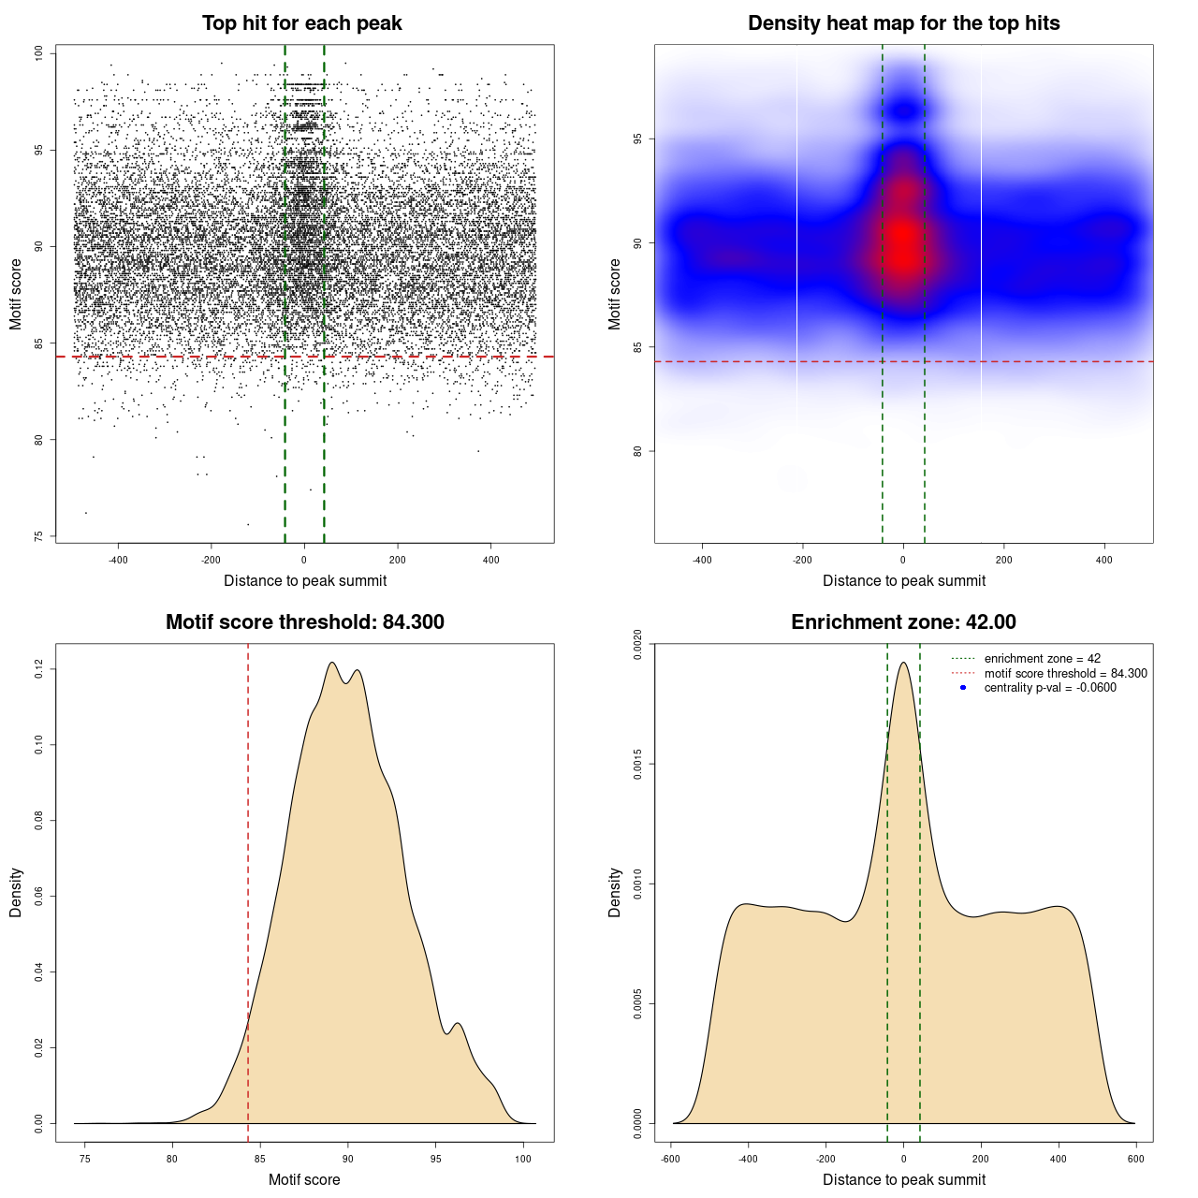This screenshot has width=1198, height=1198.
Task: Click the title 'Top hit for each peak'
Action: click(301, 23)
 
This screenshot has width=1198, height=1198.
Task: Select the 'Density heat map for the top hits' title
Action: click(903, 23)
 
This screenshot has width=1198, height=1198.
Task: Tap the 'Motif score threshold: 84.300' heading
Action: click(304, 622)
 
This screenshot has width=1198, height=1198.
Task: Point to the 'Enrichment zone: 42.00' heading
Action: click(903, 622)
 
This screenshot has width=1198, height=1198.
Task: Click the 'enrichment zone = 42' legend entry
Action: click(1042, 659)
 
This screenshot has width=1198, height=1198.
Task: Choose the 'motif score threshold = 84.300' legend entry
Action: click(1065, 673)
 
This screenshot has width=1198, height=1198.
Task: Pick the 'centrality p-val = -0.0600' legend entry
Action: click(1050, 688)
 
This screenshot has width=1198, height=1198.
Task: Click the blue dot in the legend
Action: click(963, 688)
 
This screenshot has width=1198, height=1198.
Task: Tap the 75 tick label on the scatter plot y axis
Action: click(38, 536)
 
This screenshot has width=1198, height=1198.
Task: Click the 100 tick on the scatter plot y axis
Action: click(38, 53)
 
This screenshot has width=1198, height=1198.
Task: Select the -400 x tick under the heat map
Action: click(702, 560)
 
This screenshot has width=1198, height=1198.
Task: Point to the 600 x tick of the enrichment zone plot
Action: click(1135, 1159)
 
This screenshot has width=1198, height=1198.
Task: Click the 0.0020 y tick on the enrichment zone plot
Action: click(637, 645)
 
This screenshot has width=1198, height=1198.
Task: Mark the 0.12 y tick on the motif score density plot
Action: click(38, 669)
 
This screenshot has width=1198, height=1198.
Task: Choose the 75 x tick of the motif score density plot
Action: click(85, 1159)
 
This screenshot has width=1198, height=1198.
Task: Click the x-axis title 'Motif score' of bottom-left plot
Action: click(304, 1179)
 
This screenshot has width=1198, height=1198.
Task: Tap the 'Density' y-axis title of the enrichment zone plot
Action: click(615, 892)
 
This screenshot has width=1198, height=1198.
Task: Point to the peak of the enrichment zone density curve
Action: click(903, 664)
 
